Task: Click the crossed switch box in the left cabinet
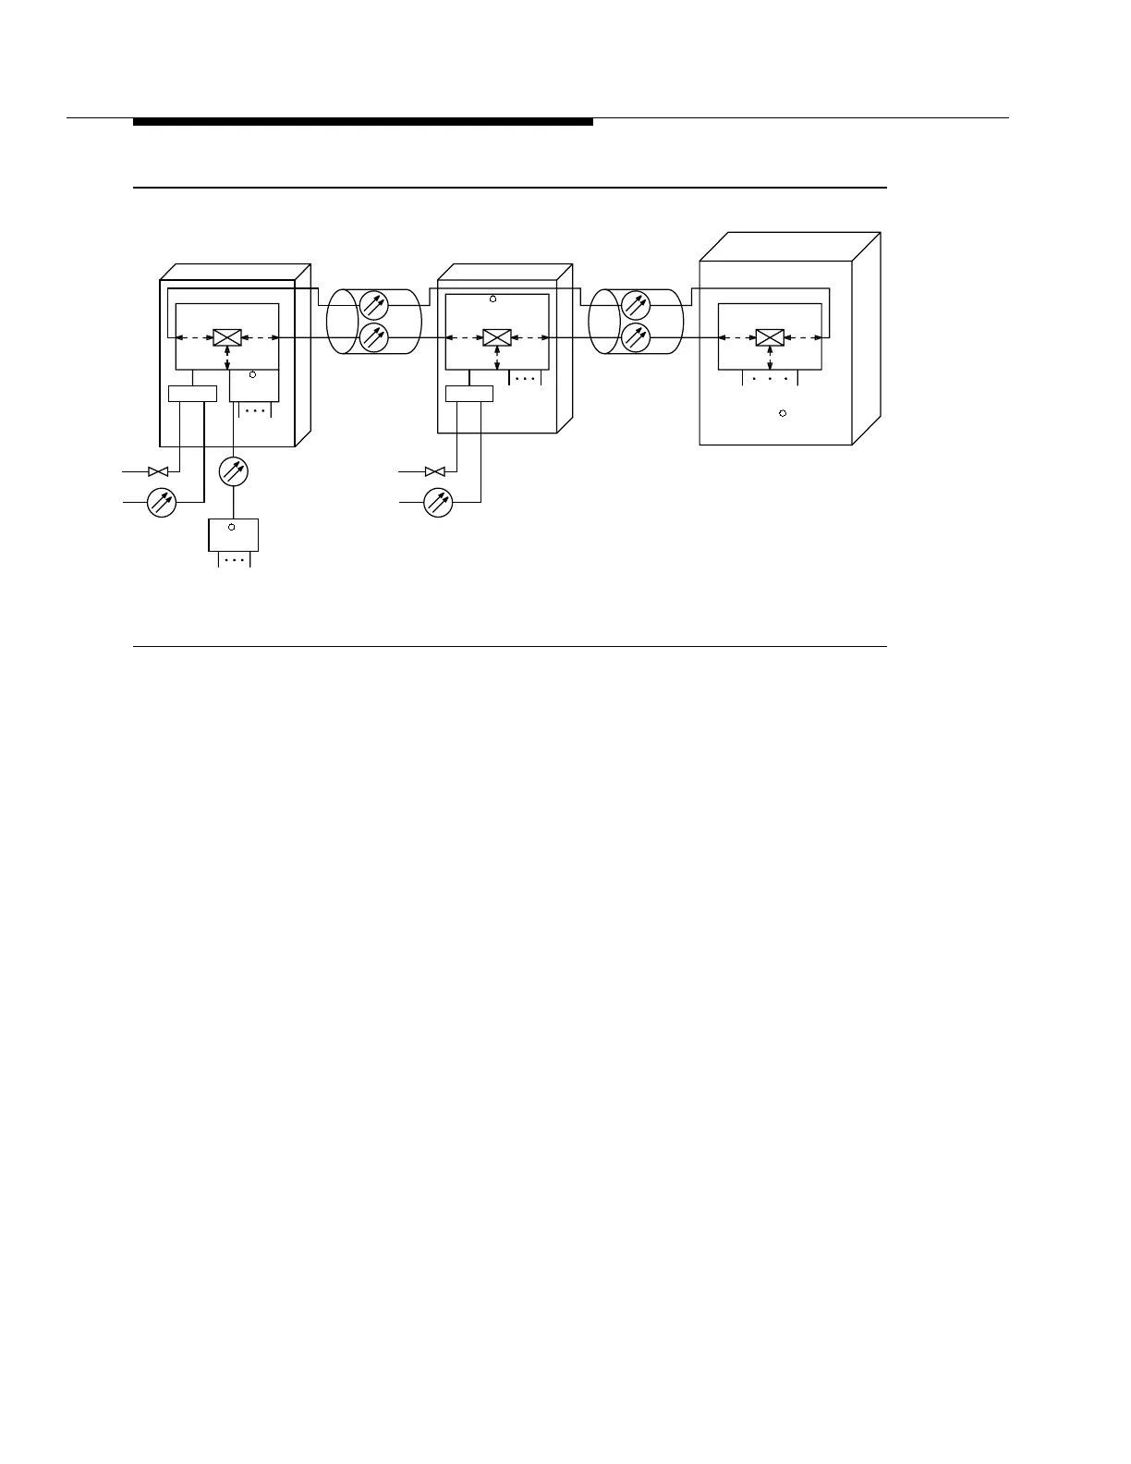click(227, 337)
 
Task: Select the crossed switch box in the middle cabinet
click(498, 337)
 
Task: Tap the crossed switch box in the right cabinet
click(770, 337)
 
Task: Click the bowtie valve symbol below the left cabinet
click(158, 471)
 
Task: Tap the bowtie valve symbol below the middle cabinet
click(434, 471)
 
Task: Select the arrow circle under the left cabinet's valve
click(162, 502)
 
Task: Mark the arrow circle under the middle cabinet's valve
click(438, 502)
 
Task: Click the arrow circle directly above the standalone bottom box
click(234, 471)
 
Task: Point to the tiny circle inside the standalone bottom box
click(231, 527)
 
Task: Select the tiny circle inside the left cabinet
click(252, 375)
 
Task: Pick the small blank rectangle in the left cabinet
click(192, 394)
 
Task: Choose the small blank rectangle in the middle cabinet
click(469, 394)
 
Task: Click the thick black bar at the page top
click(363, 122)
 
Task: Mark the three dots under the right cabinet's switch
click(770, 379)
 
